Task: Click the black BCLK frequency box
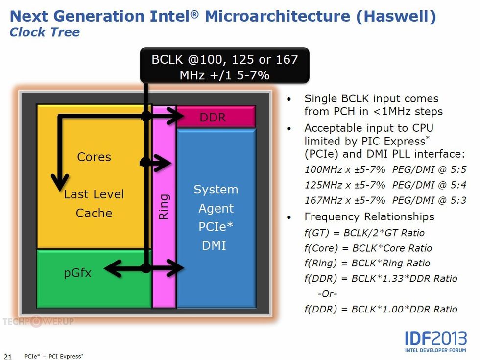[x=225, y=67]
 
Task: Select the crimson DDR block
[x=216, y=117]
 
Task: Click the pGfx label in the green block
[x=77, y=273]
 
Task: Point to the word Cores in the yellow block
[x=94, y=157]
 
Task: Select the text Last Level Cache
[x=94, y=203]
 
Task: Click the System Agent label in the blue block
[x=216, y=199]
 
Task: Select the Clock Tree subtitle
[x=45, y=33]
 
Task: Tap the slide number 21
[x=7, y=356]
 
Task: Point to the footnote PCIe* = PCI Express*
[x=54, y=356]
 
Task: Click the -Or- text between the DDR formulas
[x=327, y=293]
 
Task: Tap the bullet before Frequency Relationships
[x=290, y=217]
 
